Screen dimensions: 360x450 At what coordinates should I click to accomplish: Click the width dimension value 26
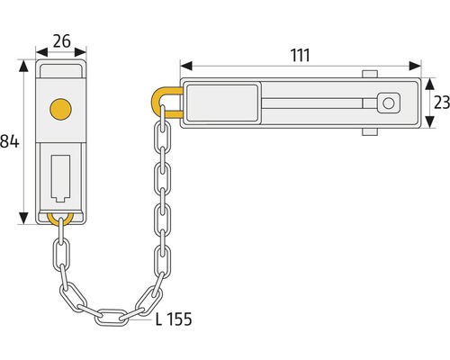pyautogui.click(x=61, y=40)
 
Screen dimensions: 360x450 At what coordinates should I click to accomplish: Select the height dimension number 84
pyautogui.click(x=9, y=140)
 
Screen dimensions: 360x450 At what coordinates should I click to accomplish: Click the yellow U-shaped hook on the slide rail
pyautogui.click(x=166, y=100)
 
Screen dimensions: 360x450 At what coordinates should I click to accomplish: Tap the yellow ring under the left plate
pyautogui.click(x=60, y=219)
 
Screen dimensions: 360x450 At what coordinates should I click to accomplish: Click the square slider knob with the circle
pyautogui.click(x=389, y=104)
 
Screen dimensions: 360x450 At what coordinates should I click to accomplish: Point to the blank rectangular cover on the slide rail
pyautogui.click(x=222, y=104)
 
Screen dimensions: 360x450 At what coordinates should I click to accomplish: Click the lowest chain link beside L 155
pyautogui.click(x=112, y=316)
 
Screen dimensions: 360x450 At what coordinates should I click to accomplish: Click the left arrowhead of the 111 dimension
pyautogui.click(x=184, y=66)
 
